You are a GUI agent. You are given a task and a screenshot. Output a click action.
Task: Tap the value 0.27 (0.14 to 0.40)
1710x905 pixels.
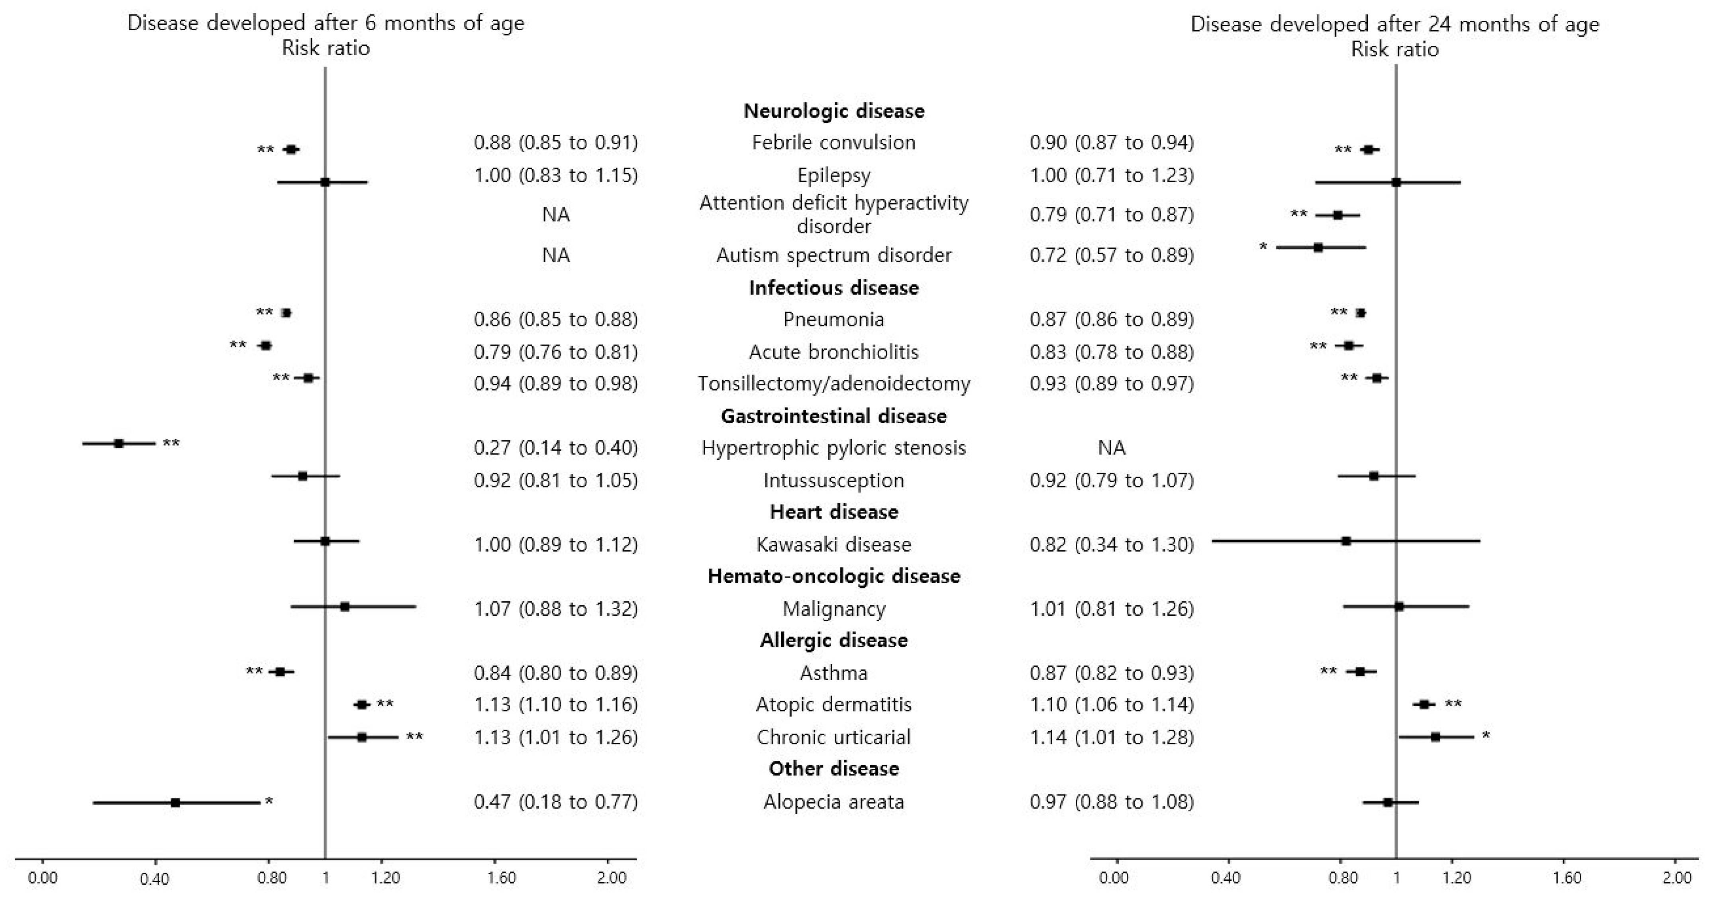pyautogui.click(x=556, y=448)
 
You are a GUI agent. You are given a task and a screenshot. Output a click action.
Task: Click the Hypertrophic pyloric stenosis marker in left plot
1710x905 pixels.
pyautogui.click(x=119, y=443)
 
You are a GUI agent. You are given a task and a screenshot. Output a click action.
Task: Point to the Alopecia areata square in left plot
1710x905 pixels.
pyautogui.click(x=175, y=803)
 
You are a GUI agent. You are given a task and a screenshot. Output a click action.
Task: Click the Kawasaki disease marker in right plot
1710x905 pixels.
pyautogui.click(x=1345, y=541)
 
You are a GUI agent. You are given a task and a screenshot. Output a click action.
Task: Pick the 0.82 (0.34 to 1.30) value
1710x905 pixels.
pyautogui.click(x=1111, y=544)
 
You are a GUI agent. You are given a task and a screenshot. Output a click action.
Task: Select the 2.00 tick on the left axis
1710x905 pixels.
pyautogui.click(x=611, y=878)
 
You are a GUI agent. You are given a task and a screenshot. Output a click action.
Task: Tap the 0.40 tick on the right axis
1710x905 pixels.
pyautogui.click(x=1225, y=878)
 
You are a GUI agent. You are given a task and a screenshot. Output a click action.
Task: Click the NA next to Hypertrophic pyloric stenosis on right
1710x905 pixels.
pyautogui.click(x=1111, y=448)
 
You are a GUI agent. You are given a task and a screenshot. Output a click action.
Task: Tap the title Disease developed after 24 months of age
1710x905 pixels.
pyautogui.click(x=1394, y=24)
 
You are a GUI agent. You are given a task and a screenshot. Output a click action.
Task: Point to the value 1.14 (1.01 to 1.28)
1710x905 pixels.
pyautogui.click(x=1111, y=737)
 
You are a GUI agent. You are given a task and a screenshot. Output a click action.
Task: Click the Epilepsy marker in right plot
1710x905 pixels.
pyautogui.click(x=1396, y=182)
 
